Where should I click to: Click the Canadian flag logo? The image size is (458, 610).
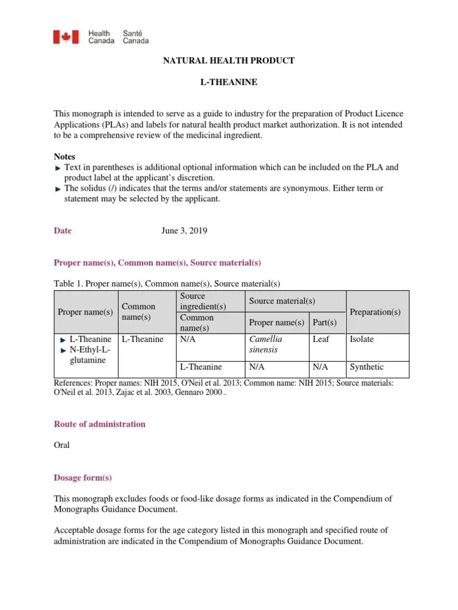pos(62,38)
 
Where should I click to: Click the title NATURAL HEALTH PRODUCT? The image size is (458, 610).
pos(229,61)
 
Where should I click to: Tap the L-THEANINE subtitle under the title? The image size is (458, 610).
pos(229,82)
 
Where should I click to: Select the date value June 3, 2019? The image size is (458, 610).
pos(184,231)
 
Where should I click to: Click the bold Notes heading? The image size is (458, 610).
pos(65,156)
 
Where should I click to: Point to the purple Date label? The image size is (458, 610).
pos(63,231)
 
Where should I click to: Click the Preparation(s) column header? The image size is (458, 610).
pos(375,312)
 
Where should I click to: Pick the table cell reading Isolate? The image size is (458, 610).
pos(362,339)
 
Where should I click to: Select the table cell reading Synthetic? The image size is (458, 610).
pos(367,367)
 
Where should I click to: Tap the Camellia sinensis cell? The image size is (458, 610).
pos(265,344)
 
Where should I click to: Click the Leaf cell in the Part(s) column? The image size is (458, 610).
pos(321,339)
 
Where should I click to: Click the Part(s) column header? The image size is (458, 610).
pos(324,322)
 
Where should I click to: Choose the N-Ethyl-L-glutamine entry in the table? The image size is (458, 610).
pos(86,355)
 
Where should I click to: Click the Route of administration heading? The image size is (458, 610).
pos(100,424)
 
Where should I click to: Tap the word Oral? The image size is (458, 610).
pos(62,445)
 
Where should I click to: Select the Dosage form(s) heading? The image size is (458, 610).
pos(83,478)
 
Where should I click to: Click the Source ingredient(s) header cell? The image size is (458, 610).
pos(203,301)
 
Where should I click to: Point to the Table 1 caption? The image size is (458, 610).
pos(167,284)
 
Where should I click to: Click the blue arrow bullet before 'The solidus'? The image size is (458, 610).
pos(57,189)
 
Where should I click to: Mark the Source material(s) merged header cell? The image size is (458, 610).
pos(282,301)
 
